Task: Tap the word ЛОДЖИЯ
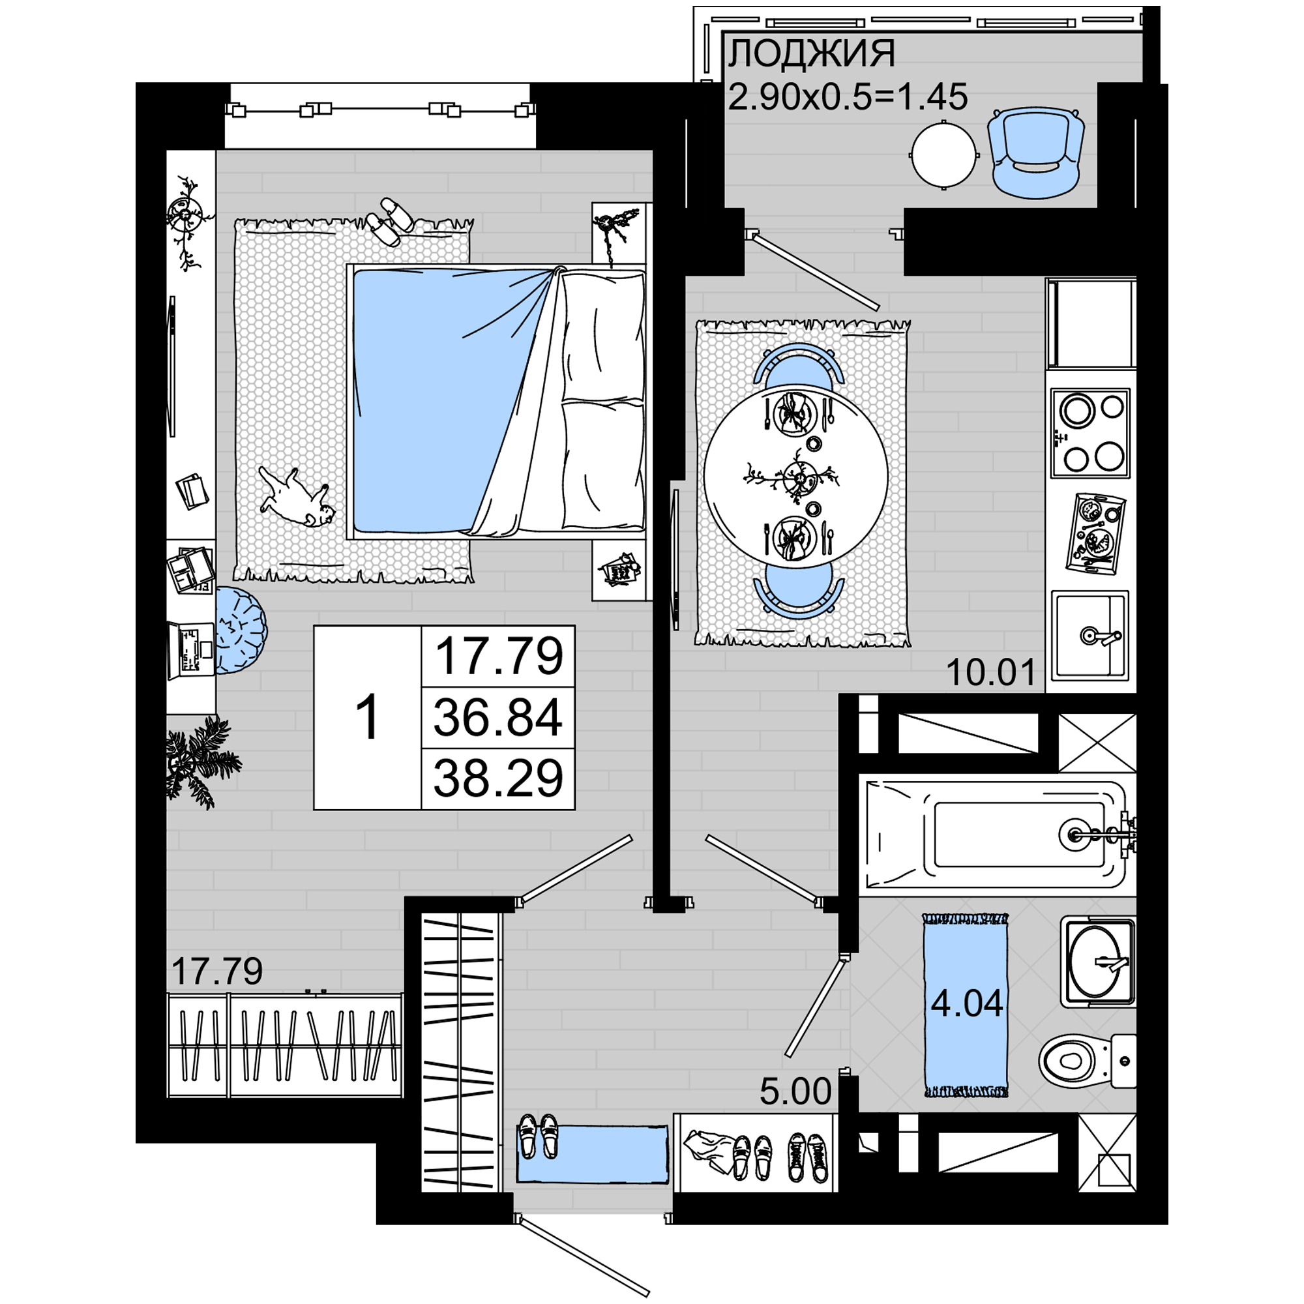tap(811, 53)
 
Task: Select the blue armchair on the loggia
tap(1036, 154)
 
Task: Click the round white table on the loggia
tap(943, 155)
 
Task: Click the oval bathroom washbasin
tap(1098, 961)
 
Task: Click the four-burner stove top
tap(1090, 433)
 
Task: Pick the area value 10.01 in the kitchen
tap(991, 672)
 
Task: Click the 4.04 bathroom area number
tap(966, 1003)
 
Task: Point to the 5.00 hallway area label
tap(795, 1091)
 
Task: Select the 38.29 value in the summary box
tap(497, 778)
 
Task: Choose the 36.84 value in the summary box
tap(497, 717)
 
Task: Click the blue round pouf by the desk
tap(241, 630)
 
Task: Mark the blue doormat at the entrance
tap(592, 1153)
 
